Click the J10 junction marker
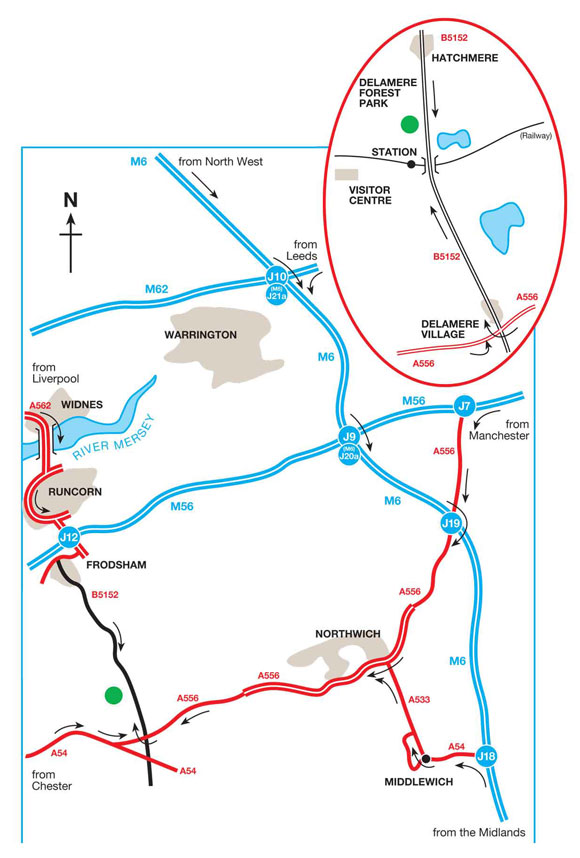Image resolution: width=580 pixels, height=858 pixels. [x=277, y=276]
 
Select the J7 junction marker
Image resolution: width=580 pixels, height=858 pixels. [x=463, y=405]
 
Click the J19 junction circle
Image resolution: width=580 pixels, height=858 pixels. [x=450, y=524]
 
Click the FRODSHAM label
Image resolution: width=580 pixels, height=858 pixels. [x=117, y=565]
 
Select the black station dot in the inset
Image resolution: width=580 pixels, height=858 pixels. [x=411, y=164]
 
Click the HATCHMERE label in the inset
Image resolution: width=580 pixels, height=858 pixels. [x=464, y=59]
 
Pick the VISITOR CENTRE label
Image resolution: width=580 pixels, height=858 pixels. [x=370, y=194]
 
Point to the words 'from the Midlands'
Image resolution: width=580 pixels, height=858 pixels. [x=478, y=833]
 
